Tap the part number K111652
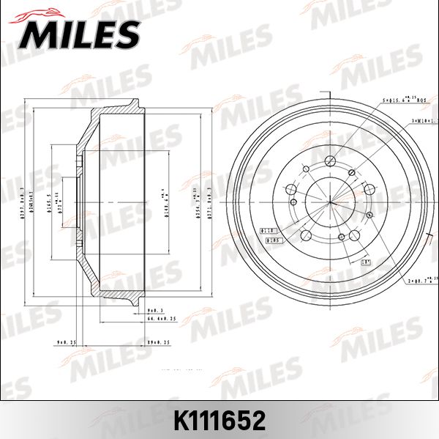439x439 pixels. click(x=219, y=421)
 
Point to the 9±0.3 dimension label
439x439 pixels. click(x=154, y=311)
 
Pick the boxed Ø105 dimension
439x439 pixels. click(x=274, y=239)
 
